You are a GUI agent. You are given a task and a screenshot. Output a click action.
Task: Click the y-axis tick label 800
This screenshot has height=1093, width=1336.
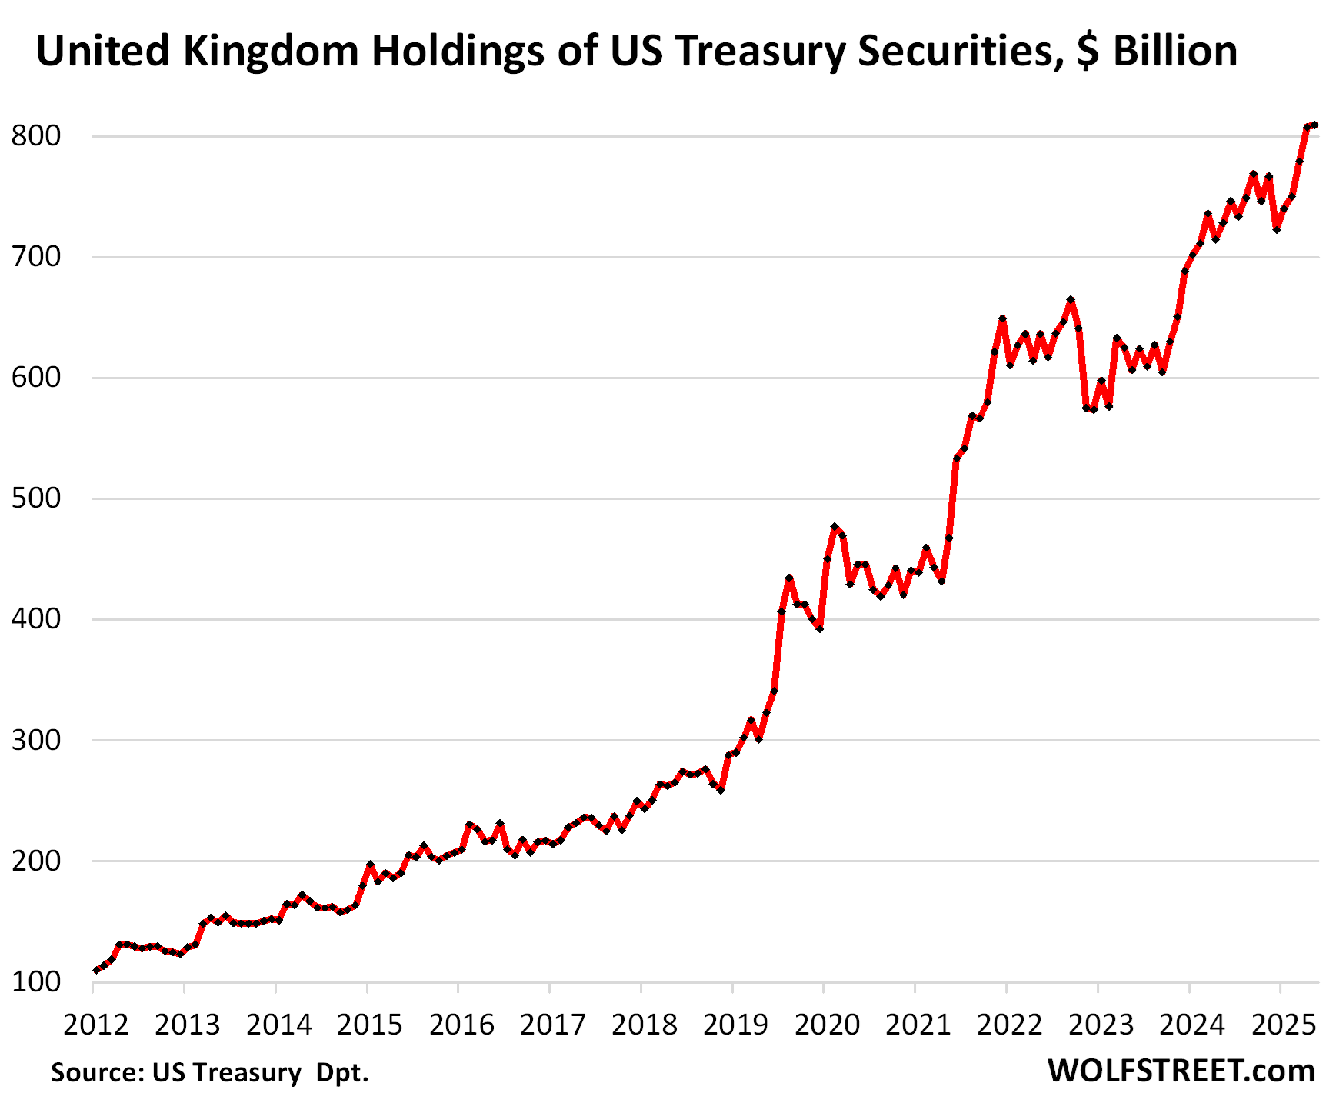(x=35, y=136)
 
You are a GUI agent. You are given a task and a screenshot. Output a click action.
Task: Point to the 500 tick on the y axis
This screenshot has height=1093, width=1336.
(x=35, y=498)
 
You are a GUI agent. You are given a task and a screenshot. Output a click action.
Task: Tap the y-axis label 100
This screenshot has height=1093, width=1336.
(x=35, y=982)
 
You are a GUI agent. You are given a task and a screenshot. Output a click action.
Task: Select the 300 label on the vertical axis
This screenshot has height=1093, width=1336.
(x=35, y=740)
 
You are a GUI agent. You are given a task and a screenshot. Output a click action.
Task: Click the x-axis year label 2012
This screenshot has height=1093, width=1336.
(x=96, y=1025)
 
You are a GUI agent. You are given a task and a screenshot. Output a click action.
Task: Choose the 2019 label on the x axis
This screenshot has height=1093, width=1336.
(x=735, y=1025)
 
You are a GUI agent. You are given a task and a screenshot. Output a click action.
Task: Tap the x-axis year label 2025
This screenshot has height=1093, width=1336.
(x=1283, y=1025)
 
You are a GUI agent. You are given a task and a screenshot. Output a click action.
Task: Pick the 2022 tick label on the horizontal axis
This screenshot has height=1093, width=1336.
(x=1009, y=1025)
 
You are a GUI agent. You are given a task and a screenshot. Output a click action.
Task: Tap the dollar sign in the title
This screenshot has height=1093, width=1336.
(x=1088, y=52)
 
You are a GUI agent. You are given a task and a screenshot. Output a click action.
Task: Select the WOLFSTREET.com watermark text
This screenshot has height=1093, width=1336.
(x=1181, y=1070)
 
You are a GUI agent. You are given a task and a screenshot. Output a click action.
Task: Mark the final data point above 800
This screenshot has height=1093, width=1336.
(x=1314, y=125)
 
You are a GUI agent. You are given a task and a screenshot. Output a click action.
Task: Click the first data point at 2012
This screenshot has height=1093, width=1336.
(x=95, y=971)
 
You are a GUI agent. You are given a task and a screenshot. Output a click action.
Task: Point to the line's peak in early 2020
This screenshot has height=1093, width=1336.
(x=835, y=527)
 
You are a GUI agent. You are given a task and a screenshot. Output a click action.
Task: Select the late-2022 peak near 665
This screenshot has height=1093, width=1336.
(x=1071, y=300)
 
